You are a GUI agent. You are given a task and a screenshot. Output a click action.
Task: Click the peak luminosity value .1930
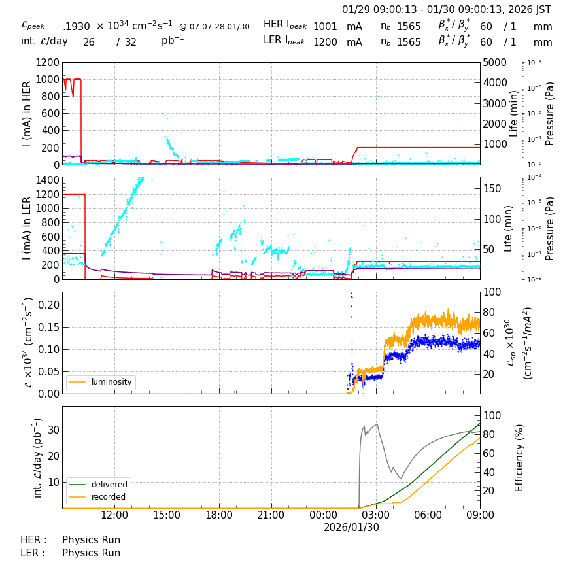pos(77,27)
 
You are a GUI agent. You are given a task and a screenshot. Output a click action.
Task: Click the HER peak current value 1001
pos(325,27)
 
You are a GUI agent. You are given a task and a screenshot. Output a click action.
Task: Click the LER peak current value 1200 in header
pos(325,43)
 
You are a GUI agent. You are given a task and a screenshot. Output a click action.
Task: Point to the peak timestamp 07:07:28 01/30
pos(214,27)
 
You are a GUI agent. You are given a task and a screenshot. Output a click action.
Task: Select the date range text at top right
pos(447,10)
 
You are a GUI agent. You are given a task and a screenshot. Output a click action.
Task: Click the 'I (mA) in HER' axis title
pos(27,114)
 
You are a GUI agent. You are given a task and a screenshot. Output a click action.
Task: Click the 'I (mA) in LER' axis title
pos(27,228)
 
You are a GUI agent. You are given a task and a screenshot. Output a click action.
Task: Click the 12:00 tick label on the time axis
pos(114,515)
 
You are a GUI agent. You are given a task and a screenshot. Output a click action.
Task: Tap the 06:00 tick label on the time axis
pos(428,515)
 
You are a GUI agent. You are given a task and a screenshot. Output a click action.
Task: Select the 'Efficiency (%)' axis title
pos(520,457)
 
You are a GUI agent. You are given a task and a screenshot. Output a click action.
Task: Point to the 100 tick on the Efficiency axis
pos(491,416)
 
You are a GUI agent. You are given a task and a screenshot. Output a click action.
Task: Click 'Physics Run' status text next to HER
pos(91,540)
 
